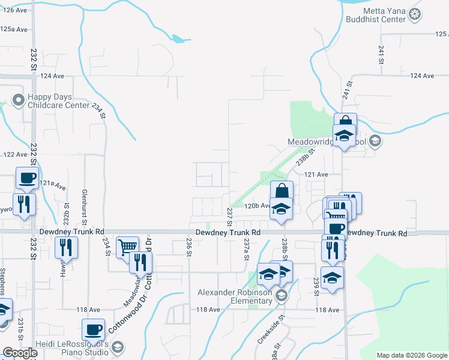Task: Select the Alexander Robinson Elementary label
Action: coord(235,296)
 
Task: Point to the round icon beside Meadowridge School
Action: coord(375,142)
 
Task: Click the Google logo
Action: coord(20,353)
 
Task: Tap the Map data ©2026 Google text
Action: coord(412,355)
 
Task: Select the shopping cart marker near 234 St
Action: coord(127,247)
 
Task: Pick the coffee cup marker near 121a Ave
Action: coord(28,178)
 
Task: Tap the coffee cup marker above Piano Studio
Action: coord(94,329)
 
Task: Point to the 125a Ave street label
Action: coord(14,29)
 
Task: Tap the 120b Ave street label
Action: coord(258,205)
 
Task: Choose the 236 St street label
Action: coord(188,247)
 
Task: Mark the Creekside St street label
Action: coord(266,334)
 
